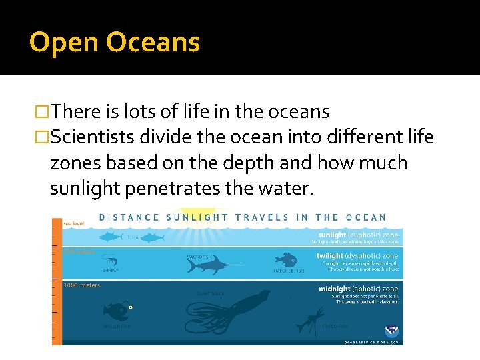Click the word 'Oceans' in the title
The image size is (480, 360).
(153, 43)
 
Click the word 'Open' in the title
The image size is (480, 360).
(63, 43)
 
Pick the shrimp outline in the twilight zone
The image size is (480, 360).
(109, 261)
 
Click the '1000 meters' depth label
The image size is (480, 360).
(82, 285)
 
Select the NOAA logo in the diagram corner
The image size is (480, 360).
(391, 331)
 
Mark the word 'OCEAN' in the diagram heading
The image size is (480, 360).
(366, 217)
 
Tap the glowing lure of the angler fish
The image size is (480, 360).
(131, 307)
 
